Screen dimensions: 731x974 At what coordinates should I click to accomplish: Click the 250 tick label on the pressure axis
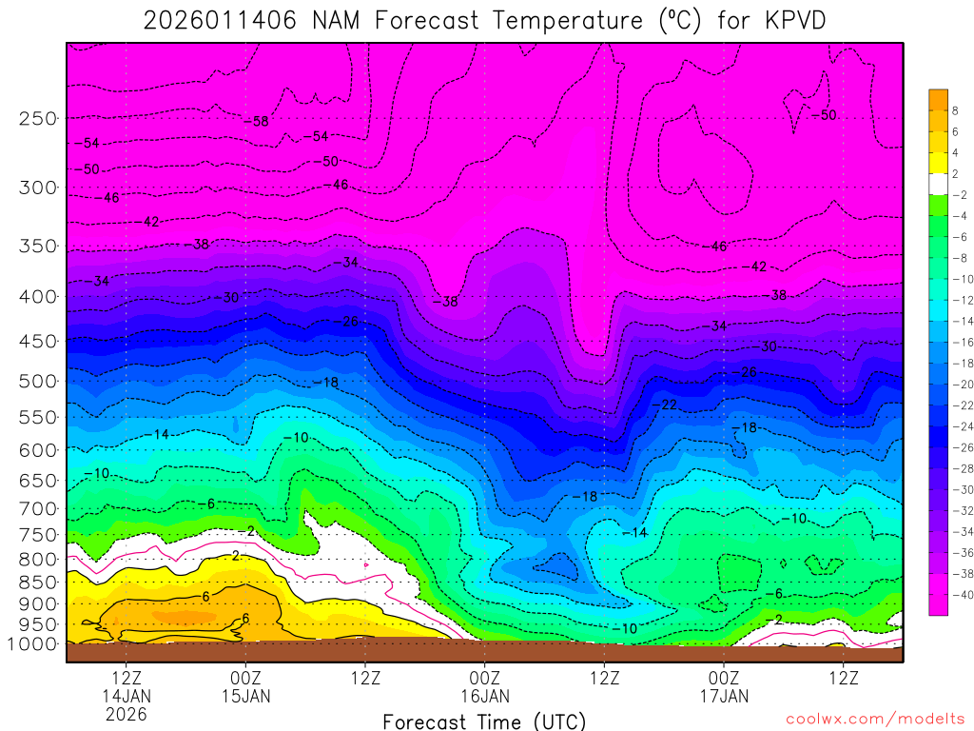pyautogui.click(x=38, y=119)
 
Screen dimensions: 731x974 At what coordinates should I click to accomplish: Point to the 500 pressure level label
pyautogui.click(x=38, y=382)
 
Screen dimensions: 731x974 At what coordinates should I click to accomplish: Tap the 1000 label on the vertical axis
pyautogui.click(x=33, y=644)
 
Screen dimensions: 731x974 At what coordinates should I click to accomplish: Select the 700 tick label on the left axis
pyautogui.click(x=38, y=509)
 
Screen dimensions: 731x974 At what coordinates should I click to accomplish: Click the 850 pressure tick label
pyautogui.click(x=38, y=581)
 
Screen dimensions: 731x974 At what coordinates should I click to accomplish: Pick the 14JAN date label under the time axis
pyautogui.click(x=127, y=696)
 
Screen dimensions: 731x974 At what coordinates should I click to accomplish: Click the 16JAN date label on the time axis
pyautogui.click(x=485, y=696)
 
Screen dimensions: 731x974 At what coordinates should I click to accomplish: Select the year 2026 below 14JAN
pyautogui.click(x=127, y=714)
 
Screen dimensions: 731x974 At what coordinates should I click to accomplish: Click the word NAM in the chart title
pyautogui.click(x=337, y=20)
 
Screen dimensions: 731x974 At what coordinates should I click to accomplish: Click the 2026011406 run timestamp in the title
pyautogui.click(x=221, y=20)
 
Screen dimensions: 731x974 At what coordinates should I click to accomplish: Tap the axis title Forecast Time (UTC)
pyautogui.click(x=485, y=721)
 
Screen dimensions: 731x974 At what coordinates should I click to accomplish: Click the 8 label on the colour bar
pyautogui.click(x=956, y=110)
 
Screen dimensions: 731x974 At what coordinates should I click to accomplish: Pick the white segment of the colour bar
pyautogui.click(x=939, y=184)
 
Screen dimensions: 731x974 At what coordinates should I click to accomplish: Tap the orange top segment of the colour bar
pyautogui.click(x=939, y=99)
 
